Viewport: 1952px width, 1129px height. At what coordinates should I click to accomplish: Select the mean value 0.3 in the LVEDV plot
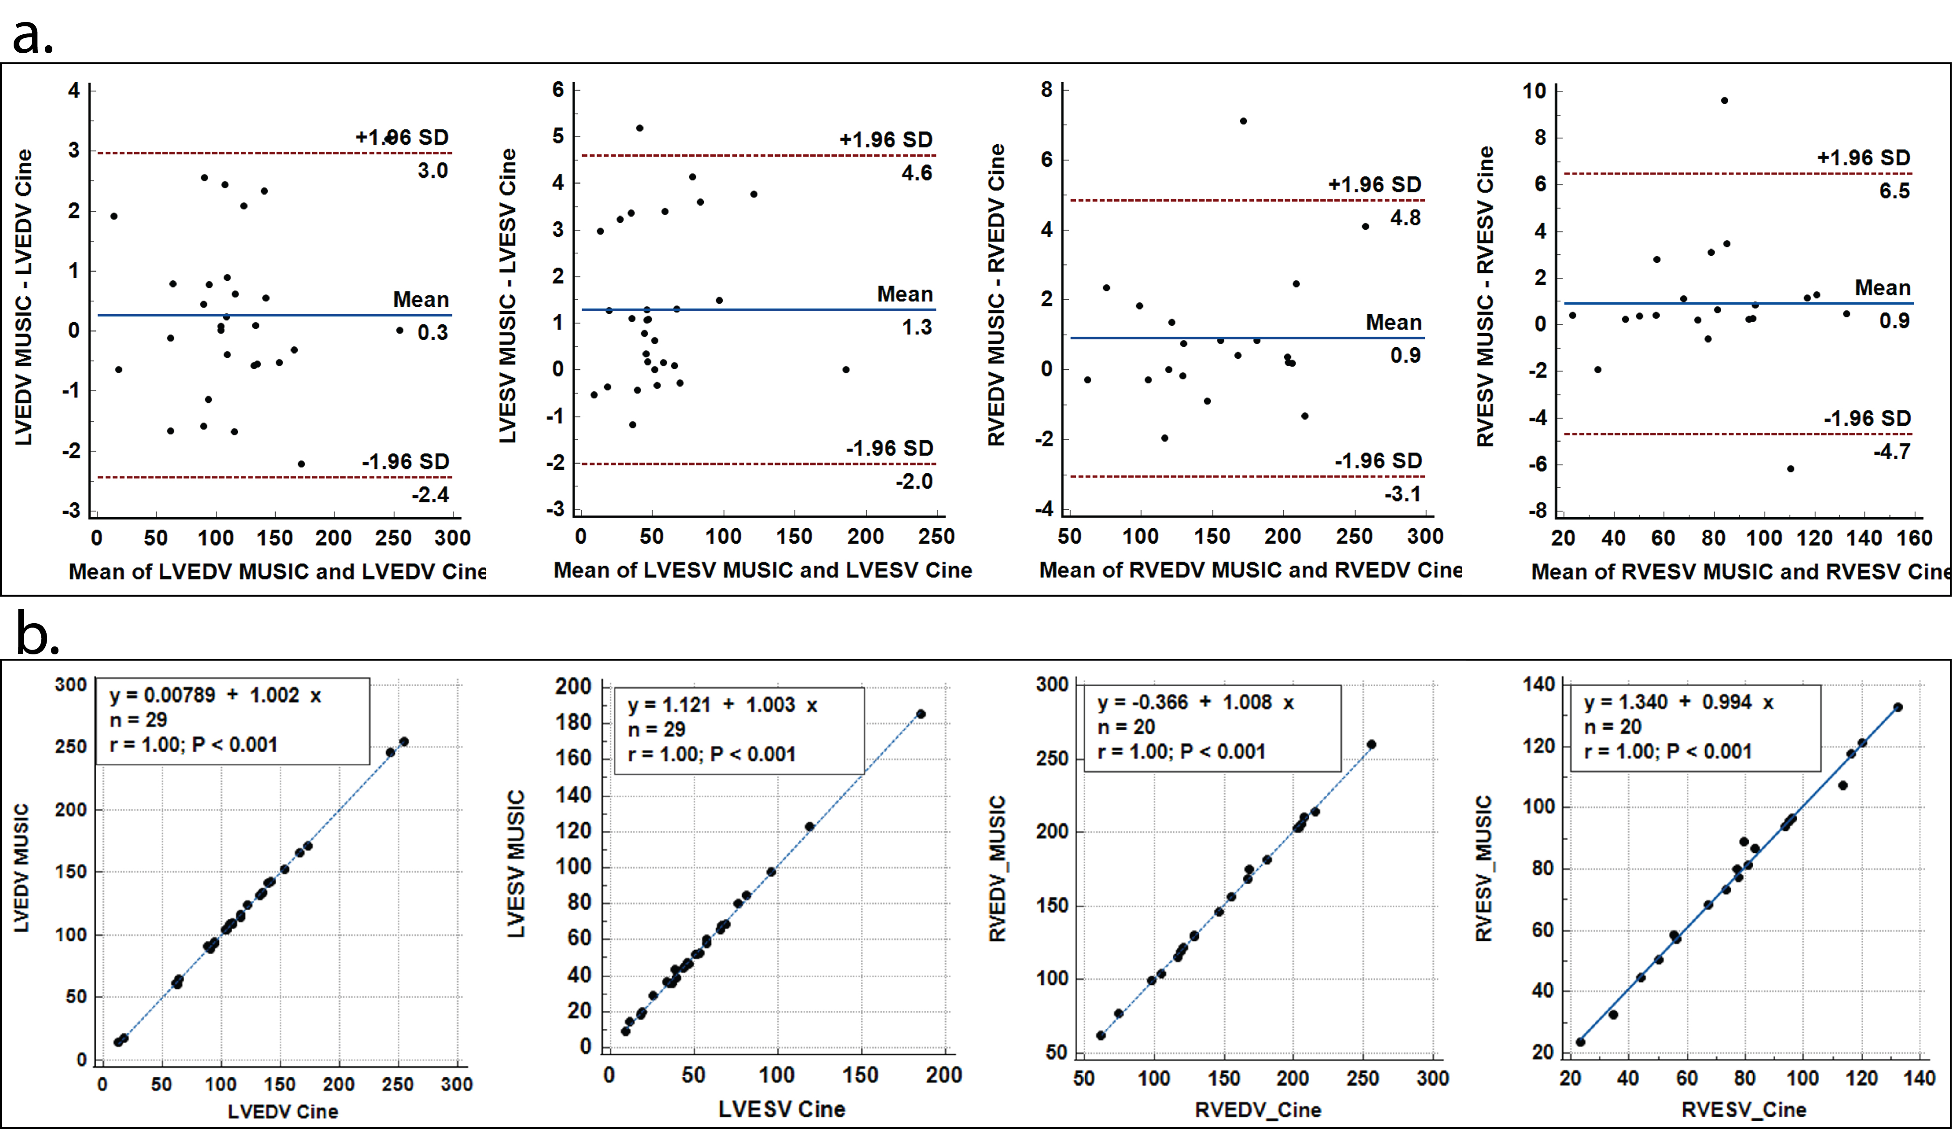(432, 333)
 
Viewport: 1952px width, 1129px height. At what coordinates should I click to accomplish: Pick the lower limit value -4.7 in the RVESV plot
(1892, 451)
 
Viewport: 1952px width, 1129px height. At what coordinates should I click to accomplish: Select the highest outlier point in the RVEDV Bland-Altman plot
(1243, 121)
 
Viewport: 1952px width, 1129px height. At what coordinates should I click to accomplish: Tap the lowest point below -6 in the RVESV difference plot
(1790, 468)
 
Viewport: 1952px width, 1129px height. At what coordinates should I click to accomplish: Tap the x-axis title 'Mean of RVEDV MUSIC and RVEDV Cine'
(1250, 570)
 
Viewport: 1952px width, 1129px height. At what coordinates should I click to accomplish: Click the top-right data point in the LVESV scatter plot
(920, 714)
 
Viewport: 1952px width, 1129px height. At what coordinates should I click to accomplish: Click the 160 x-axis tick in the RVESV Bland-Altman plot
(1915, 537)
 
